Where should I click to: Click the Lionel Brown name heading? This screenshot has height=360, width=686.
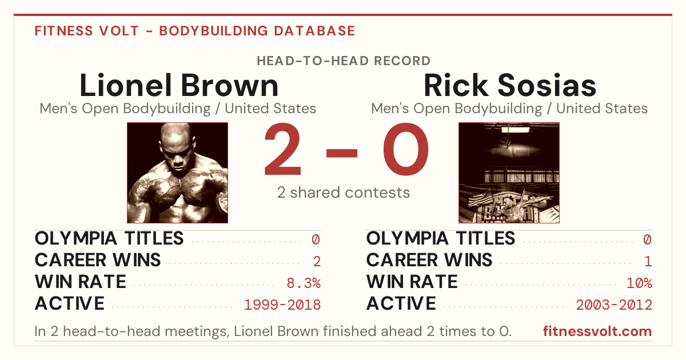(x=179, y=85)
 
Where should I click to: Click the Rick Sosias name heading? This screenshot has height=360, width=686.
(x=510, y=85)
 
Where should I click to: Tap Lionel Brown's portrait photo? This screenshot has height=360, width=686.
(x=177, y=173)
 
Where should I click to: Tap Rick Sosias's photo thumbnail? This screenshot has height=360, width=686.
(x=509, y=173)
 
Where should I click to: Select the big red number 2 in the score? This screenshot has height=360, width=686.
(x=282, y=149)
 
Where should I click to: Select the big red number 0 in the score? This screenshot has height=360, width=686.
(x=406, y=149)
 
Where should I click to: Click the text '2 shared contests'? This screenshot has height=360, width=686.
(x=344, y=193)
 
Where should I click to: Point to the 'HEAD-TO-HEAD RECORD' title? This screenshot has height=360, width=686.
(x=344, y=61)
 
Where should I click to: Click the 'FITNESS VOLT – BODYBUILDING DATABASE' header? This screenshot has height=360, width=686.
(x=195, y=31)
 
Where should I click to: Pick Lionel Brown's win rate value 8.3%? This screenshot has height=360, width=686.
(x=304, y=283)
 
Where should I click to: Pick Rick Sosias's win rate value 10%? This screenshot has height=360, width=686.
(x=640, y=283)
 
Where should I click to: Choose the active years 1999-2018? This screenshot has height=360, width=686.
(x=282, y=305)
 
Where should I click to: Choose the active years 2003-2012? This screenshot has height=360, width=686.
(x=614, y=305)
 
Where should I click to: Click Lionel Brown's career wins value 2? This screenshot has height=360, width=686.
(x=317, y=262)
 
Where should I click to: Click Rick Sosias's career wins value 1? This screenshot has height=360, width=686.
(x=648, y=262)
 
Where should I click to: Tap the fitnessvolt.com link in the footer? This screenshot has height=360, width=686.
(x=597, y=331)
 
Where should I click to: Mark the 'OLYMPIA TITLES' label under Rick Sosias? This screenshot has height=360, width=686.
(x=441, y=238)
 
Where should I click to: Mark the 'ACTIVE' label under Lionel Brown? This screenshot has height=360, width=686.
(x=70, y=303)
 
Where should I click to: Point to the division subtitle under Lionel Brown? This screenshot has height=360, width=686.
(x=178, y=109)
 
